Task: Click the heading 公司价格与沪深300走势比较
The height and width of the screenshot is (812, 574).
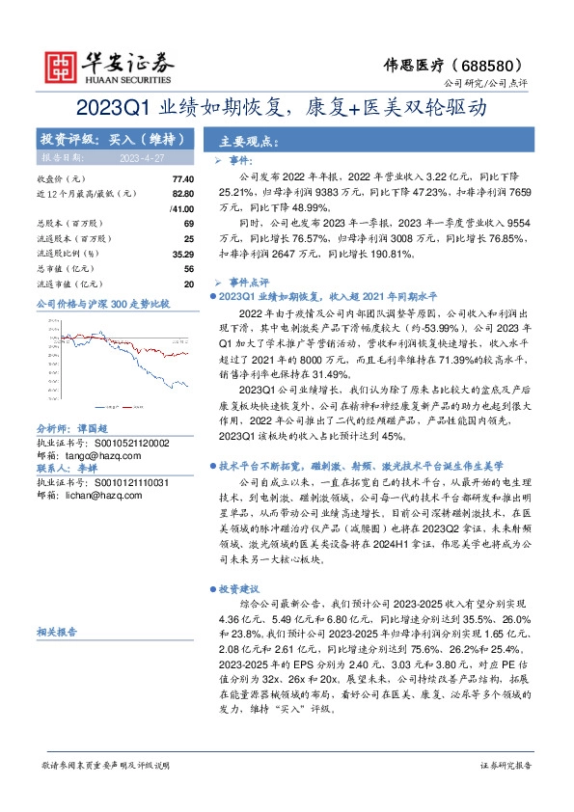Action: [102, 304]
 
